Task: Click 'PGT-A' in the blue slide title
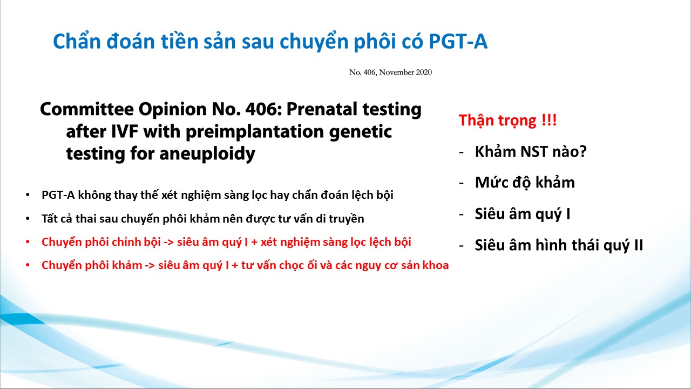point(458,42)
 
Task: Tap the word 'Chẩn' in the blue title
point(77,42)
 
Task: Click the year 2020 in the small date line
point(424,72)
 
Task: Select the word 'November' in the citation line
point(396,72)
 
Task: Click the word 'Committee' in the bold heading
point(87,109)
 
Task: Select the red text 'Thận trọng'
point(497,120)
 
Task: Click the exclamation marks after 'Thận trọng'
point(549,119)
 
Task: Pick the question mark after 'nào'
point(582,152)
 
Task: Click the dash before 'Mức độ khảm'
point(461,183)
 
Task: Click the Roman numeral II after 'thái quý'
point(638,245)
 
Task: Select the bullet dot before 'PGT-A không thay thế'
point(28,195)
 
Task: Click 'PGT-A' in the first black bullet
point(58,195)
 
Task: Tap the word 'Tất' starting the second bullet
point(50,219)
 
